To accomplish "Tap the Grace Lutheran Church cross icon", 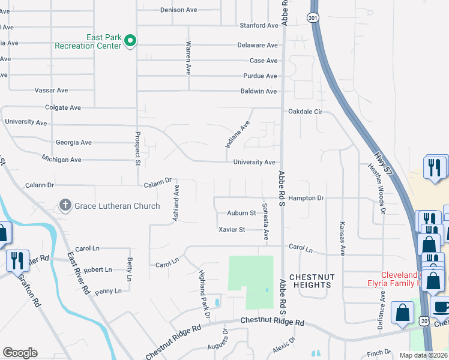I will click(x=65, y=206).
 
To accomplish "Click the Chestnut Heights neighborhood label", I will click(x=310, y=281).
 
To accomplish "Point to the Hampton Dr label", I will click(x=306, y=198).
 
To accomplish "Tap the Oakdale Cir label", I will click(x=306, y=112).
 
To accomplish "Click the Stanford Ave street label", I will click(x=259, y=26).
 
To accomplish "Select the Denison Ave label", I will click(x=179, y=10).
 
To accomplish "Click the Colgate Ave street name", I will click(x=62, y=108).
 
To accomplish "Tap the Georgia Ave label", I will click(x=73, y=143).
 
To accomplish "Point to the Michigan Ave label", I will click(x=61, y=160).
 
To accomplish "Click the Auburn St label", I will click(x=241, y=213).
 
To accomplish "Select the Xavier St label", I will click(x=232, y=230).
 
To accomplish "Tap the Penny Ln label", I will click(x=108, y=291).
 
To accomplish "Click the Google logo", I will click(x=20, y=353).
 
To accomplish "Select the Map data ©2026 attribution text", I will click(x=423, y=356).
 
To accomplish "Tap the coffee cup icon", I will click(x=441, y=305).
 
